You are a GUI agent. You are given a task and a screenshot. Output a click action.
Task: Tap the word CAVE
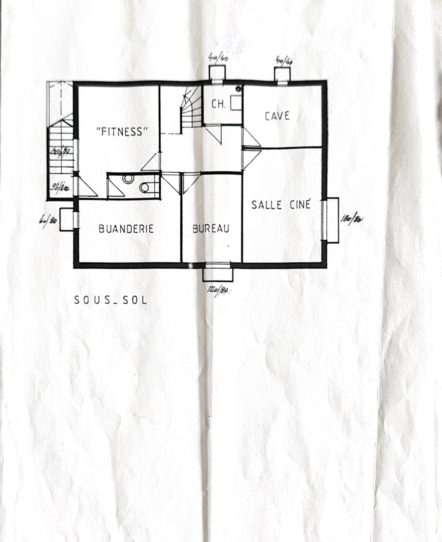pos(277,116)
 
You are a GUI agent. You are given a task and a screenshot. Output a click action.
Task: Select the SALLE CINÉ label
pos(281,205)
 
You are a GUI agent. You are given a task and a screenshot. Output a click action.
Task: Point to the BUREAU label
pos(211,229)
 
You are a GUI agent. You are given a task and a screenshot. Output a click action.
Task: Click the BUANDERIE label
pos(126,229)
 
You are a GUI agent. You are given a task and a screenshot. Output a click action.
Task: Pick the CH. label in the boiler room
pos(218,104)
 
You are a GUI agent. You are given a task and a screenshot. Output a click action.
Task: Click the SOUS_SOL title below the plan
pos(111,300)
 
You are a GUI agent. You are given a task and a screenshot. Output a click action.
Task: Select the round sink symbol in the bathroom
pos(128,179)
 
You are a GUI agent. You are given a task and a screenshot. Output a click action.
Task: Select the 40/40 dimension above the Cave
pos(283,61)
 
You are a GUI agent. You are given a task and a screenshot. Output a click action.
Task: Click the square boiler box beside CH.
pos(236,103)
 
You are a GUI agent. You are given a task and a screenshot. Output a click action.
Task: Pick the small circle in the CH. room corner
pos(239,89)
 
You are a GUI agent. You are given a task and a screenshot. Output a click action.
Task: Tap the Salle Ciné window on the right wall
pos(325,220)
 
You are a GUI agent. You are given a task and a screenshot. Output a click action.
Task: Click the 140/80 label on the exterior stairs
pos(60,151)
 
